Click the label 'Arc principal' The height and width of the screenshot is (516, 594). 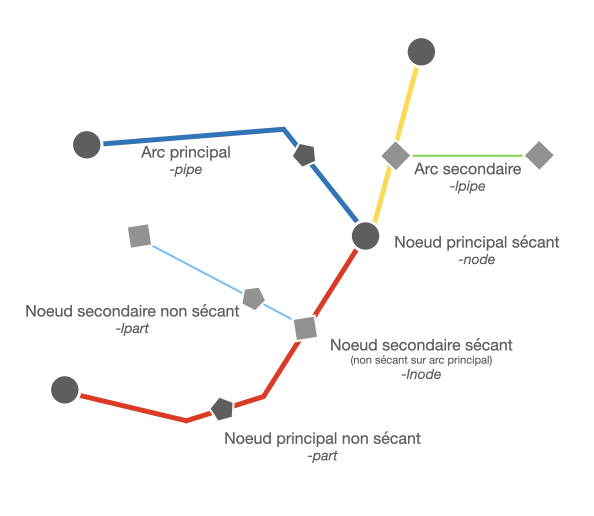[186, 153]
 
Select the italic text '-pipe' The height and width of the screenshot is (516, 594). [186, 170]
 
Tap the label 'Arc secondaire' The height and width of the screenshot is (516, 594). [467, 169]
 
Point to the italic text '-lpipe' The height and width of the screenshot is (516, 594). [467, 186]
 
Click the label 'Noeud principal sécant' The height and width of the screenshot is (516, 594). [477, 242]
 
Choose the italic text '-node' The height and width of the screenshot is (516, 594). [477, 260]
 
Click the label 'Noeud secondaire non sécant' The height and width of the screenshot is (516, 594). [132, 311]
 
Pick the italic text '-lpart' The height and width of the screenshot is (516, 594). [132, 328]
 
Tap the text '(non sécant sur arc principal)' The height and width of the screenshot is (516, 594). [421, 360]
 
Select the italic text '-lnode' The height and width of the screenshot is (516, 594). [421, 374]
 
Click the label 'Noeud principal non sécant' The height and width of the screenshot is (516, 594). [322, 438]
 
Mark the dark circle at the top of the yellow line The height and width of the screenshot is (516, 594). [421, 52]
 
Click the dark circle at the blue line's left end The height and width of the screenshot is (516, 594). [87, 145]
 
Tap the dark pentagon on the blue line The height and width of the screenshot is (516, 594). [304, 155]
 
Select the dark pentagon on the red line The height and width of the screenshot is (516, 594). [222, 409]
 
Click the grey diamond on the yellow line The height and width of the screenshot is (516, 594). [396, 155]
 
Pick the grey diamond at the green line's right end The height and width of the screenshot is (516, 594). [539, 155]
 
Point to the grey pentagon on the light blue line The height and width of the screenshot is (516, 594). [253, 299]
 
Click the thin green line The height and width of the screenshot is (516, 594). [468, 155]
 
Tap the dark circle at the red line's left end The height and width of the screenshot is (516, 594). [65, 390]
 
